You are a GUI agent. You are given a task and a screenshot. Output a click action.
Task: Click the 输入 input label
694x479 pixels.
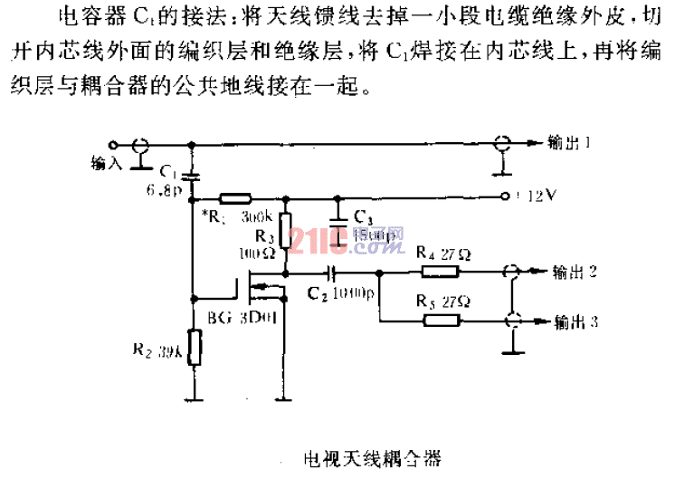point(108,163)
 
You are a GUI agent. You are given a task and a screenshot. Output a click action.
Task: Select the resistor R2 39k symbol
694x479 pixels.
point(192,348)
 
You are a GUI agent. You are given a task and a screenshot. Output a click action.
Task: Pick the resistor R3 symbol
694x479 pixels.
point(285,226)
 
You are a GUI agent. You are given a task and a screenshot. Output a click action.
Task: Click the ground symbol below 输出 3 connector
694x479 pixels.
point(512,343)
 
